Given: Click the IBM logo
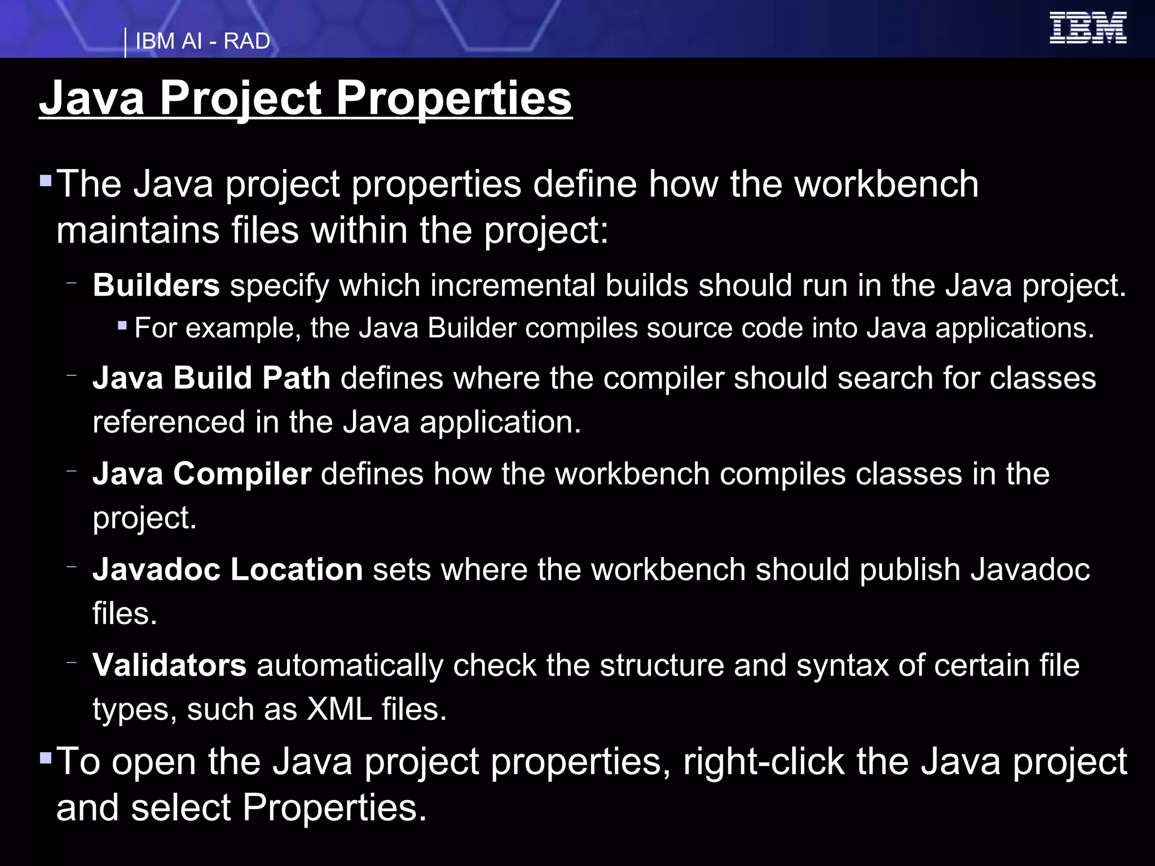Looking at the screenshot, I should (x=1087, y=28).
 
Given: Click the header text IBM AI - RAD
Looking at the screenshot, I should (x=202, y=42).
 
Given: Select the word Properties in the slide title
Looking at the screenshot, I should (x=454, y=98).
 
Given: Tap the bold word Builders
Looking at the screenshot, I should (x=156, y=285).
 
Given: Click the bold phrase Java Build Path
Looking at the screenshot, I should (x=211, y=378).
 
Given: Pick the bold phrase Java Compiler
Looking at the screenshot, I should (x=202, y=474).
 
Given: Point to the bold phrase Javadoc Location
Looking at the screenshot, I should (x=228, y=569).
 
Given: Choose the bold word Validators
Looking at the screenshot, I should (x=170, y=665).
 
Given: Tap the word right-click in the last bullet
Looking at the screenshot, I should (x=764, y=761).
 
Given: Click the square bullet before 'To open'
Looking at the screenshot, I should (x=46, y=757).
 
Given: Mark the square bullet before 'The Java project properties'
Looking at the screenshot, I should (x=46, y=181).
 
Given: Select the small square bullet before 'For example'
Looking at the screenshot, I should (x=122, y=325).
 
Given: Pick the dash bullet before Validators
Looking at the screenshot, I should (x=71, y=662).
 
